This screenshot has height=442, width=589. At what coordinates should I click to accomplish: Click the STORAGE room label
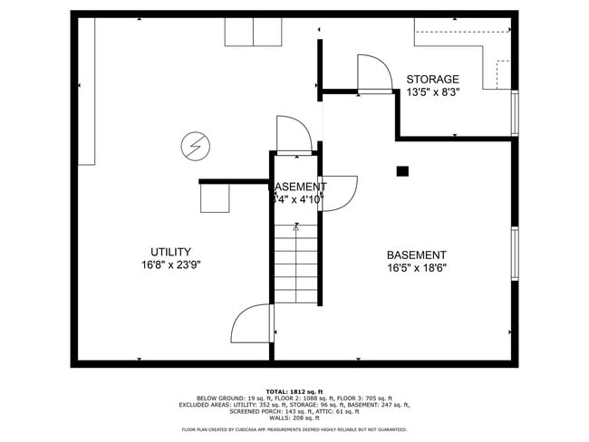(432, 79)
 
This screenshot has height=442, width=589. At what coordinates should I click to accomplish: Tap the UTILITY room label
(170, 251)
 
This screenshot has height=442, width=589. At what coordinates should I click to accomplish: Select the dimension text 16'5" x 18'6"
(416, 268)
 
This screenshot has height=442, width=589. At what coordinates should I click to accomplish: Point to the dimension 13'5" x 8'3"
(433, 92)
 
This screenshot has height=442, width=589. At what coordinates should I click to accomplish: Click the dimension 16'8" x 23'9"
(170, 264)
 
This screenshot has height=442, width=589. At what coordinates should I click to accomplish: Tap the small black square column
(402, 170)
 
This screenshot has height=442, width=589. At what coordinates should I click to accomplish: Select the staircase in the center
(297, 263)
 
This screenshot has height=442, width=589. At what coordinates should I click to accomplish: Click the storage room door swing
(373, 72)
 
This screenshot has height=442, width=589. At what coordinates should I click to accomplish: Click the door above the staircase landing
(294, 133)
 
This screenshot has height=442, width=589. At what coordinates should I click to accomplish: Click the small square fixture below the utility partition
(215, 197)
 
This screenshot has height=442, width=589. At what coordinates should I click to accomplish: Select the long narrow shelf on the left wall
(86, 91)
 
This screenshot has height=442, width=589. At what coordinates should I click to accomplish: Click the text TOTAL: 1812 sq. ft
(294, 390)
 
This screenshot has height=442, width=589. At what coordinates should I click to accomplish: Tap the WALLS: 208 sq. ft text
(294, 418)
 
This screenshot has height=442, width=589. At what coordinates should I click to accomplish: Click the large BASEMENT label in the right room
(416, 255)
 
